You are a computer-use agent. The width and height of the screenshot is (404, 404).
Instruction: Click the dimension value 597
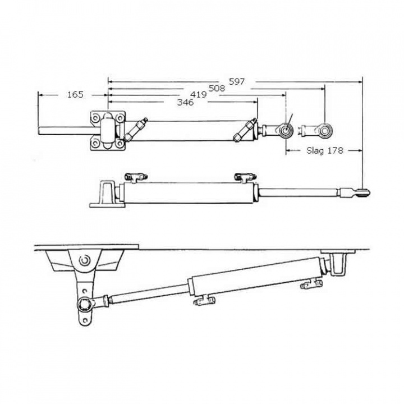pyautogui.click(x=237, y=81)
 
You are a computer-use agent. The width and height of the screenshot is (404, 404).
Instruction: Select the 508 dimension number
pyautogui.click(x=217, y=88)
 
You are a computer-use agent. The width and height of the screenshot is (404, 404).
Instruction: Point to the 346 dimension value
pyautogui.click(x=185, y=103)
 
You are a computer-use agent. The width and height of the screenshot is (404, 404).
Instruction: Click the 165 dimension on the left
pyautogui.click(x=75, y=94)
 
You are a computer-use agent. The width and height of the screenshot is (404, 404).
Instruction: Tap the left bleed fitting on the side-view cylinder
pyautogui.click(x=134, y=177)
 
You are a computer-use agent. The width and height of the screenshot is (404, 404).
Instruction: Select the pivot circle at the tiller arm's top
pyautogui.click(x=85, y=260)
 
